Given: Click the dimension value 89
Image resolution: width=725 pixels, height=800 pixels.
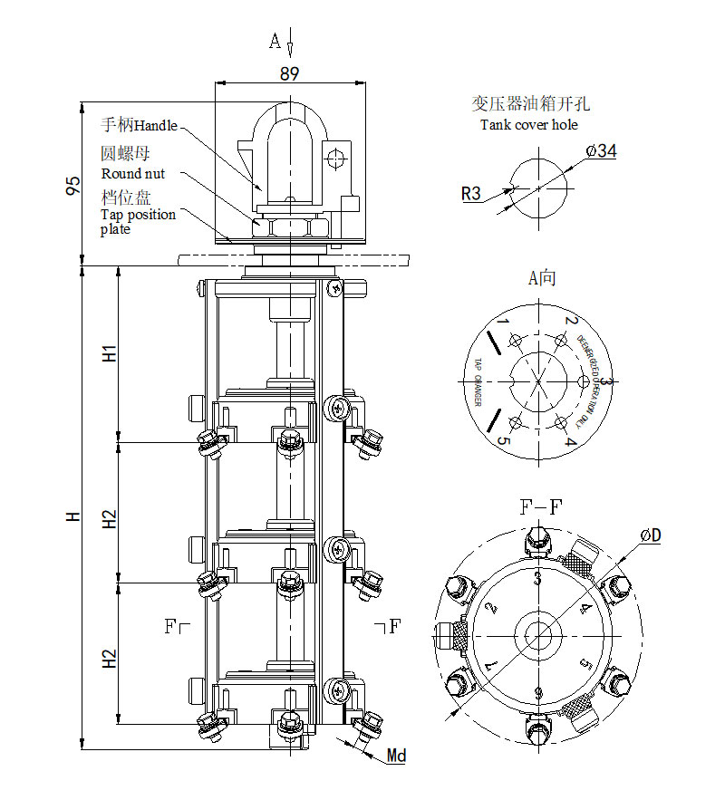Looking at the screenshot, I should click(289, 74).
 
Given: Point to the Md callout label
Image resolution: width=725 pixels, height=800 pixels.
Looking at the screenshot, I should click(396, 756).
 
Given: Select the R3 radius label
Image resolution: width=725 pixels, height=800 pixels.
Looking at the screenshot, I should click(471, 192).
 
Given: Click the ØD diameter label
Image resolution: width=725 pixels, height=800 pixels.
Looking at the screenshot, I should click(650, 535).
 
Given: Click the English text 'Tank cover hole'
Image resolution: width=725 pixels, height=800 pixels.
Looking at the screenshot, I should click(529, 125).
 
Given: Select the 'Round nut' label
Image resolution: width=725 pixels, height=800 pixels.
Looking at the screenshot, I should click(132, 173).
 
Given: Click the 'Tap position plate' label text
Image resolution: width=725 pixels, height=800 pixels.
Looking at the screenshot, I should click(137, 221).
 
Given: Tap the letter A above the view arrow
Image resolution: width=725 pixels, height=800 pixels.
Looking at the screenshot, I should click(275, 41).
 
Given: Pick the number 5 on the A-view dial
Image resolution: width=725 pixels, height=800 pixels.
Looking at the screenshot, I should click(504, 443).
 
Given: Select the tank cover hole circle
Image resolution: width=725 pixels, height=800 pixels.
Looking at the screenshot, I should click(538, 188).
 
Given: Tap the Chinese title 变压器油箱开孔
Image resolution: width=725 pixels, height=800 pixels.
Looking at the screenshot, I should click(530, 104).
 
